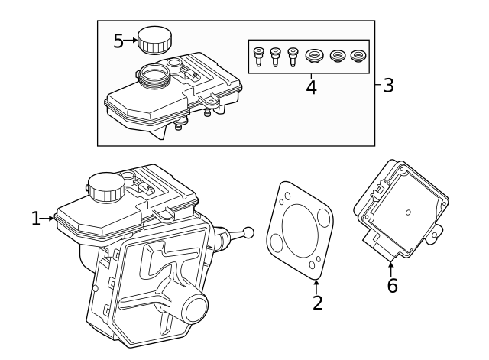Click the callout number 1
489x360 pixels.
click(36, 219)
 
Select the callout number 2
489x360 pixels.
click(318, 303)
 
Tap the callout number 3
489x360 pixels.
click(388, 85)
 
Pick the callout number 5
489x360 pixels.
click(118, 41)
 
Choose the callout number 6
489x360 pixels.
click(392, 287)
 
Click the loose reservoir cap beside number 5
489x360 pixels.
click(155, 39)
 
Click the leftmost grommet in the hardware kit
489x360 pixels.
click(314, 57)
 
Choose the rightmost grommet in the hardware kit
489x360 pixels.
click(358, 57)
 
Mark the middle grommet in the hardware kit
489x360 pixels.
click(336, 57)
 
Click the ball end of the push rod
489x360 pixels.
click(248, 233)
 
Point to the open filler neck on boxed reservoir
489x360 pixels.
click(154, 74)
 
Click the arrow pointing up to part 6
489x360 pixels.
click(391, 268)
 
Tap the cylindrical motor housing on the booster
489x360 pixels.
click(190, 309)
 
